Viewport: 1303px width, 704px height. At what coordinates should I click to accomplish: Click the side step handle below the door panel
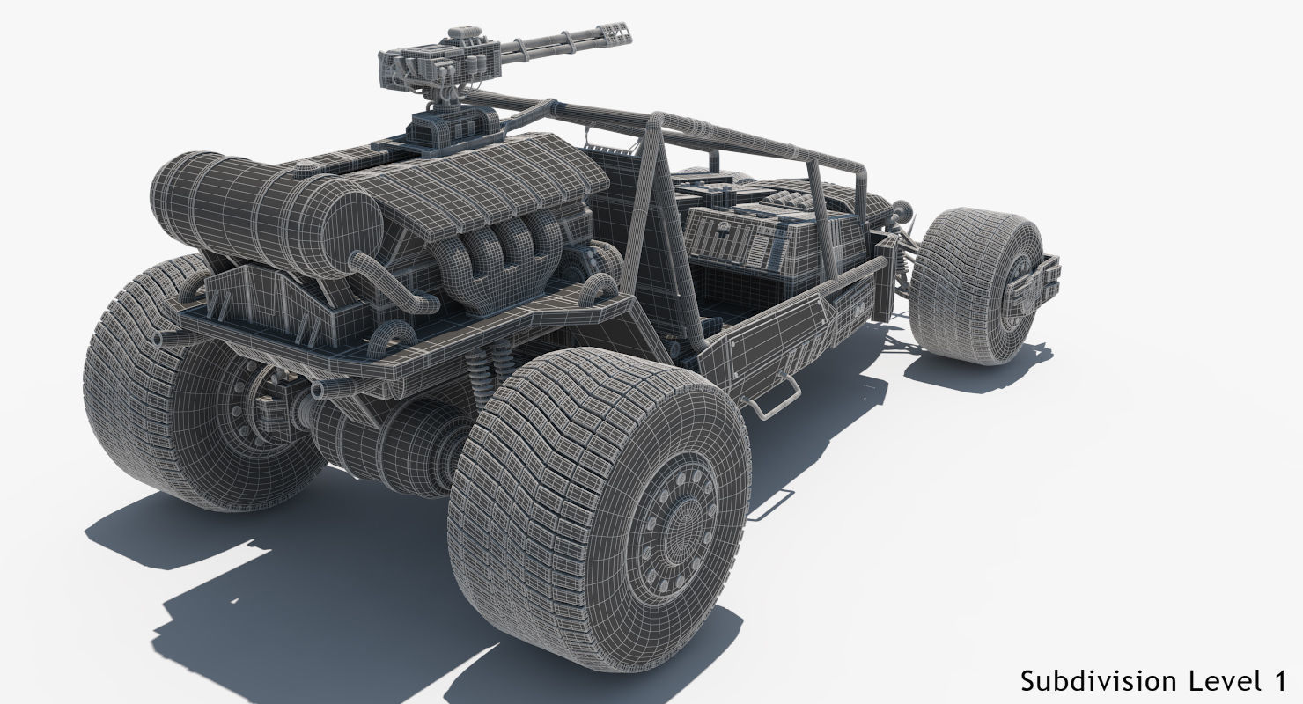tap(775, 396)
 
